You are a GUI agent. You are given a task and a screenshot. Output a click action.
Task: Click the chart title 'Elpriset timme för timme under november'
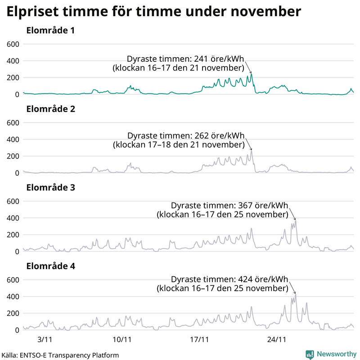153,12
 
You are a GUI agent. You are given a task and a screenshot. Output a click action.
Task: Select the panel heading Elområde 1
50,31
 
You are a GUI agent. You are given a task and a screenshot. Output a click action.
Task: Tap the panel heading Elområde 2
50,109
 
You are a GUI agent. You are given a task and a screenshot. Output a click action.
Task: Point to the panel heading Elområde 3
50,188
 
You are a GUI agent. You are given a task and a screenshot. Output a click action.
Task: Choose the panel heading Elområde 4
50,266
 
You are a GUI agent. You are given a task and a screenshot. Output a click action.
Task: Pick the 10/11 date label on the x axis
122,338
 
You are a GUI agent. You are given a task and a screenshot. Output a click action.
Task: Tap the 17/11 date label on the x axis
199,338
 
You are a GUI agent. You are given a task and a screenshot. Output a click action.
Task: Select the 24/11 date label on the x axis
276,338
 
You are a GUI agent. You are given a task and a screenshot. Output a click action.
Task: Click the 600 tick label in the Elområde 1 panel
13,44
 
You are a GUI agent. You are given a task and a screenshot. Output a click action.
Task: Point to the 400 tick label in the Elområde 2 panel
13,139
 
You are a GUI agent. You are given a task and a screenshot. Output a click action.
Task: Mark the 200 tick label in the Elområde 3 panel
13,235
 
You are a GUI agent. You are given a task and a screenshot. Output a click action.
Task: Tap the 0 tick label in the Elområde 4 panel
17,330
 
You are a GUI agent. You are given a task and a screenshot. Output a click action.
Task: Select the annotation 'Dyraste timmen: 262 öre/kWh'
186,135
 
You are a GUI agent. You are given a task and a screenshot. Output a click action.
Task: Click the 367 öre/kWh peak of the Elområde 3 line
296,220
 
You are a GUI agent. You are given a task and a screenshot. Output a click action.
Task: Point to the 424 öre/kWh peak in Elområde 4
296,294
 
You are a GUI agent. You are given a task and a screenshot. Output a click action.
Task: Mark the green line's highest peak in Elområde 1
252,74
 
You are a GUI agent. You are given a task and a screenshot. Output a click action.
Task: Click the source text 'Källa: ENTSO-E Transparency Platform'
60,355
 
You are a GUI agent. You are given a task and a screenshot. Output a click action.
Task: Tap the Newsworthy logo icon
310,354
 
